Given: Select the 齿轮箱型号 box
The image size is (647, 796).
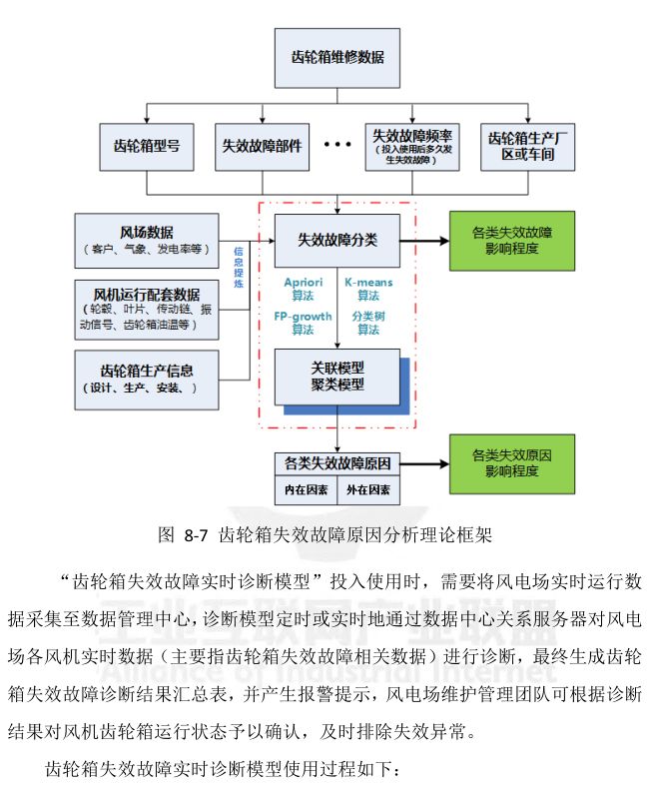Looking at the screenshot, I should click(x=147, y=144).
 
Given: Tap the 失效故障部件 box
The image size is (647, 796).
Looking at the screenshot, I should click(x=262, y=144).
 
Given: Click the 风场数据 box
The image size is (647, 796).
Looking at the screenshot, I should click(x=148, y=241).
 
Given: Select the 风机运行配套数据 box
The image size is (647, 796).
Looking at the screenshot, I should click(x=148, y=309).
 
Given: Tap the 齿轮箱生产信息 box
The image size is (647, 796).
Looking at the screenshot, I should click(x=148, y=379).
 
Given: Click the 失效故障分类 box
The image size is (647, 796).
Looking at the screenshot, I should click(x=336, y=240).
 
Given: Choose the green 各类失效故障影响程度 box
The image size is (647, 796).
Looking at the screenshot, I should click(x=511, y=240).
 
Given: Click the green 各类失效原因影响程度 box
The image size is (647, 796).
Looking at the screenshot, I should click(x=511, y=461).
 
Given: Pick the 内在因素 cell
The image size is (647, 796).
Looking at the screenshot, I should click(x=306, y=490).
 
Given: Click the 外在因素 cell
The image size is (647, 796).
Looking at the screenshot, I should click(x=368, y=490).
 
